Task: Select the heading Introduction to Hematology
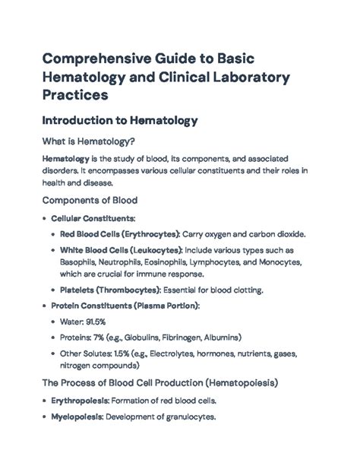click(x=120, y=120)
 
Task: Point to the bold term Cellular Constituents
click(x=93, y=218)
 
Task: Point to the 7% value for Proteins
click(x=105, y=336)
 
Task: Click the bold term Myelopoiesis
click(x=72, y=417)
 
